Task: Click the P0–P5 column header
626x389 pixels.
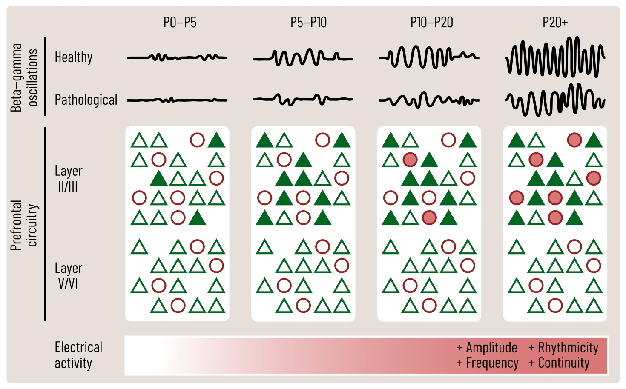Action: tap(180, 22)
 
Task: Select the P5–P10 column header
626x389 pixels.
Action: tap(308, 22)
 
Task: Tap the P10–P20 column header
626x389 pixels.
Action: tap(431, 22)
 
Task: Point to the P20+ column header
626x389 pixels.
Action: tap(555, 22)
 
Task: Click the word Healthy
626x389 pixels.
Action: tap(74, 57)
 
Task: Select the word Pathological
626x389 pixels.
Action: tap(86, 100)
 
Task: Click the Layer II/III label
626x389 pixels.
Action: tap(68, 179)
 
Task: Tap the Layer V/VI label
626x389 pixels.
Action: tap(68, 276)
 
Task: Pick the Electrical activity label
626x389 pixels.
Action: tap(78, 355)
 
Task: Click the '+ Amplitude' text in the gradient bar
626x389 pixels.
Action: tap(487, 348)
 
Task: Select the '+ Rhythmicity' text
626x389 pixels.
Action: tap(563, 348)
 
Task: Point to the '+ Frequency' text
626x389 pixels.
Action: tap(487, 363)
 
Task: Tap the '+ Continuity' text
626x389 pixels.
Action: tap(559, 363)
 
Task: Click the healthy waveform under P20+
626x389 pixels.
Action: tap(555, 57)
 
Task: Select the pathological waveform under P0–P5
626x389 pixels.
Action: tap(177, 100)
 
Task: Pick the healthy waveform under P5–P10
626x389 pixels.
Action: tap(303, 57)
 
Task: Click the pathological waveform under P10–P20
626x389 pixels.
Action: tap(429, 100)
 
